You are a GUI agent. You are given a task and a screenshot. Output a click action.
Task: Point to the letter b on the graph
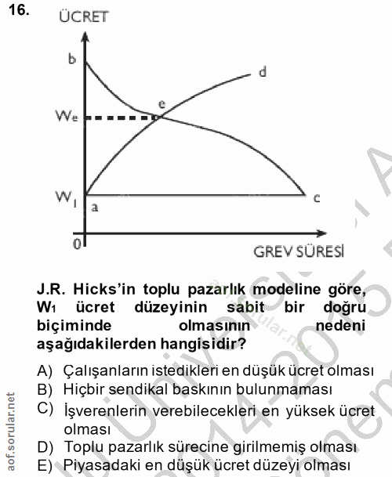72,60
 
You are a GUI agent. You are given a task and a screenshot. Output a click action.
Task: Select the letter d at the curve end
263,72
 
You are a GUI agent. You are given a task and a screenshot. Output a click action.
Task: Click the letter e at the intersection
162,103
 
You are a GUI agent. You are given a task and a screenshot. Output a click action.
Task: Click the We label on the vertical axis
66,117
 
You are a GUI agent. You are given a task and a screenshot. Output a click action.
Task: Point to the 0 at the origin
76,244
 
